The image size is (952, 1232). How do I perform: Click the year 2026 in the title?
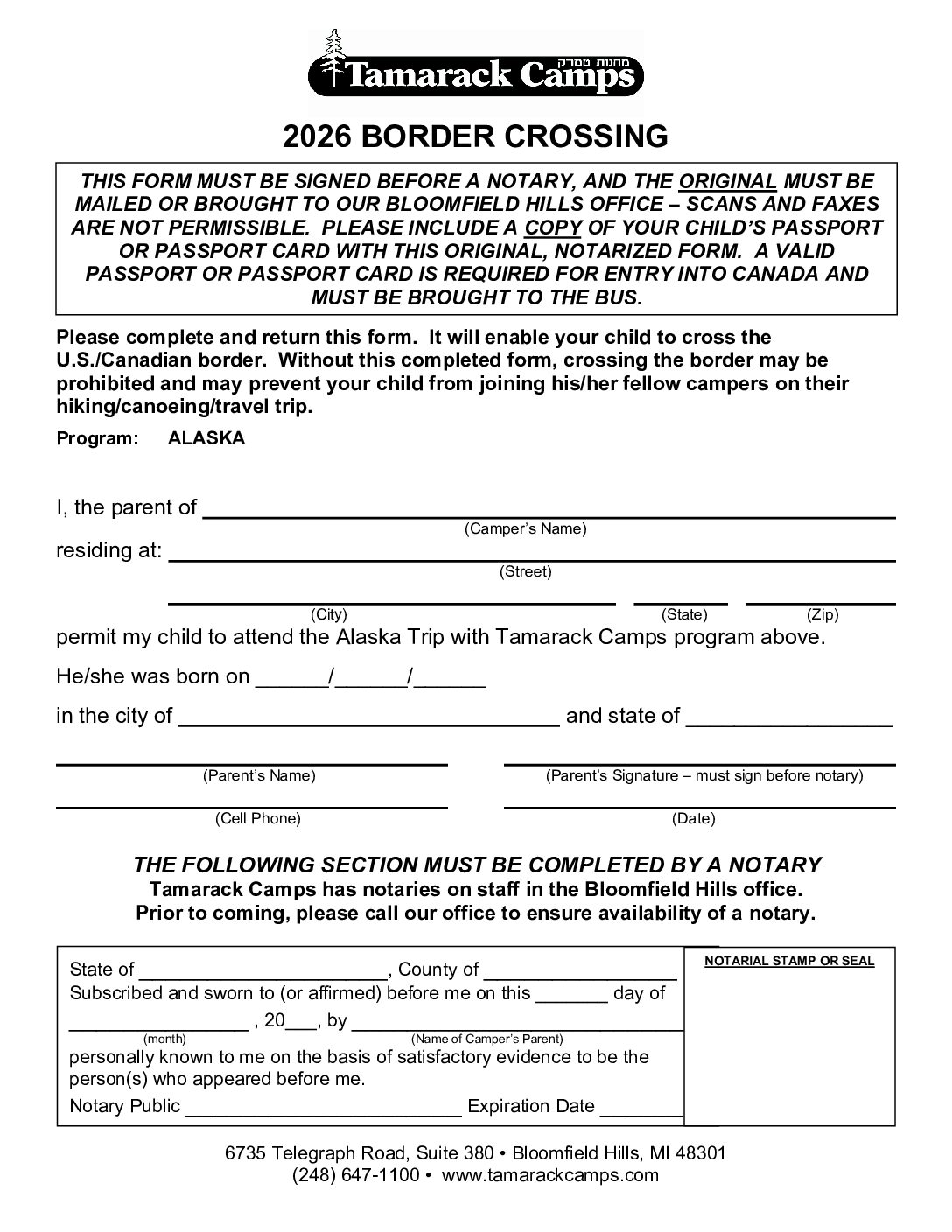317,136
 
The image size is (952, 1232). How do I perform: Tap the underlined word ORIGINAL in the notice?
728,182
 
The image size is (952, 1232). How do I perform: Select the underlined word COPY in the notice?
553,227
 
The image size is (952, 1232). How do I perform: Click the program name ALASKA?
206,439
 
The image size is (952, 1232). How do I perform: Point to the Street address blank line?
531,558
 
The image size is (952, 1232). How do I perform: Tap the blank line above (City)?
391,602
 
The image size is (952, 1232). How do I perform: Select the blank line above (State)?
680,602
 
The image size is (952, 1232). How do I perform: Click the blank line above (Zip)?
820,602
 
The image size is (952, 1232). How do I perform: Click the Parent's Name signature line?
252,763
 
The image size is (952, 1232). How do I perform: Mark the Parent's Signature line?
699,763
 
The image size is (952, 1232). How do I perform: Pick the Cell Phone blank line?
252,805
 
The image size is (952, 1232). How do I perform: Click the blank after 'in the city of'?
368,723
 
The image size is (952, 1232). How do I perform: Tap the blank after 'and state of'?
788,723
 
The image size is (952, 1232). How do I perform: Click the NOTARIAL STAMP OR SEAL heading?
789,961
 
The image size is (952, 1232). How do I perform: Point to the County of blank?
579,975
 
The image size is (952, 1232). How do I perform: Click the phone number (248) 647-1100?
356,1175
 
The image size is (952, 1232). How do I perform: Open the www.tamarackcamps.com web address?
549,1175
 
